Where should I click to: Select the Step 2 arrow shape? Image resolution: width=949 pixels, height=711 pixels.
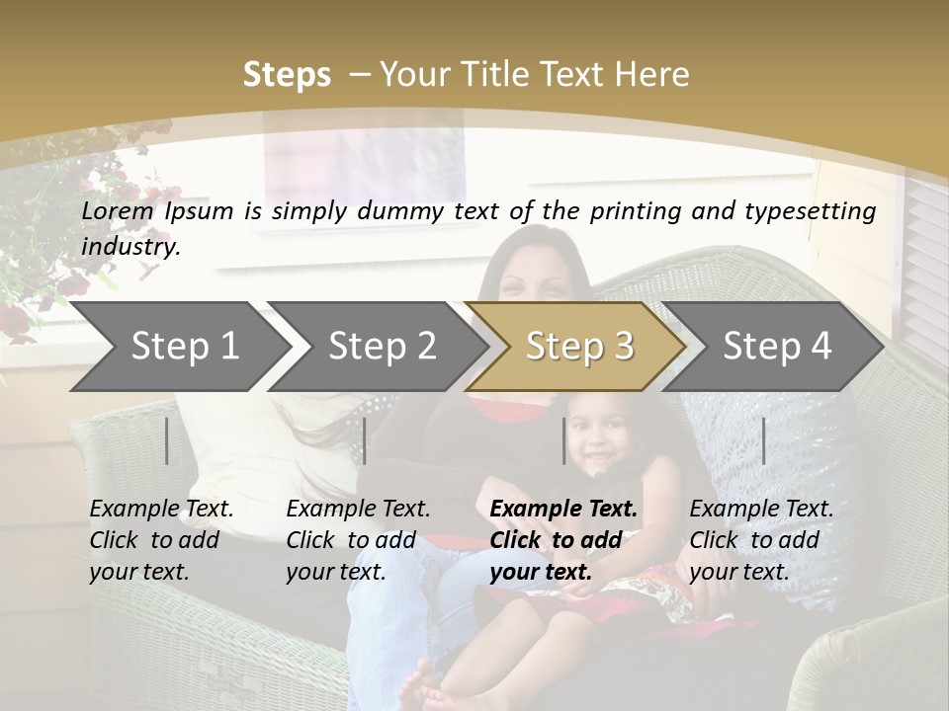382,347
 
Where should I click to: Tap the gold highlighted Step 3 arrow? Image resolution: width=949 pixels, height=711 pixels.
579,347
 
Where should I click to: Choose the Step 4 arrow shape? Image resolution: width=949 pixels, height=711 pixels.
777,347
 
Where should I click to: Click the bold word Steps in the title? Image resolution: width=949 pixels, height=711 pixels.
287,74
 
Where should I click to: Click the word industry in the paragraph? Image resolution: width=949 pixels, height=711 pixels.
129,247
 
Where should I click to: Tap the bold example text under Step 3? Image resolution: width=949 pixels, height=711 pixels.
563,540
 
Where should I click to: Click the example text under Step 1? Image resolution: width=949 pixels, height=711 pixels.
161,540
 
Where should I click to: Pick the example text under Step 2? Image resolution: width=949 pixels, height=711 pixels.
358,540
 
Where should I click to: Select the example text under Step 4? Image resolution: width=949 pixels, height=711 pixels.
761,540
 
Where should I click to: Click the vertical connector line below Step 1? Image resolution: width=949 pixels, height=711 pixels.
167,440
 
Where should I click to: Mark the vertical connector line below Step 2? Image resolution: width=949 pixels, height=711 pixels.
365,440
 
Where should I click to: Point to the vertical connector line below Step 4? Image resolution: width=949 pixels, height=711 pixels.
764,440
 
